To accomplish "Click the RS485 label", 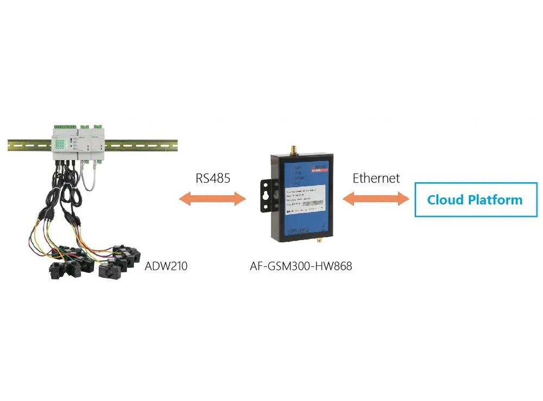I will [212, 177].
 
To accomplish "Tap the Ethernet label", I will [376, 177].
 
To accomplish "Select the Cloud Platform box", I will [476, 200].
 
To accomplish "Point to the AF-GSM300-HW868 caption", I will [300, 266].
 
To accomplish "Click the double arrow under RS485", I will [212, 199].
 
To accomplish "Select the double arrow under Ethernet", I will [376, 199].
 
